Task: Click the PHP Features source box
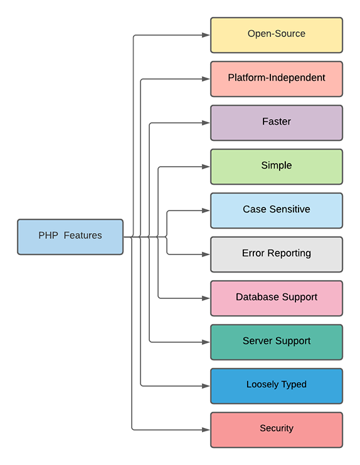click(x=70, y=236)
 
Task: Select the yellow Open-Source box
click(x=277, y=35)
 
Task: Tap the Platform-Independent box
click(x=277, y=79)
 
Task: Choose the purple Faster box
click(x=277, y=123)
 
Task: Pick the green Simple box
click(x=277, y=167)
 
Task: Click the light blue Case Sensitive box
click(x=277, y=211)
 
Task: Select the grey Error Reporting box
click(x=277, y=254)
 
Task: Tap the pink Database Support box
click(x=277, y=298)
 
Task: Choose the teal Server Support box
click(x=277, y=342)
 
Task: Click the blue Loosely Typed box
click(x=277, y=386)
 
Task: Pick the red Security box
click(x=277, y=430)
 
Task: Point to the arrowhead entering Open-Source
click(x=206, y=35)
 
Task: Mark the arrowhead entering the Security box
click(x=206, y=430)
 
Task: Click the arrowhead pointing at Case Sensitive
click(x=206, y=211)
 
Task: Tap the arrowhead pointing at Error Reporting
click(x=206, y=254)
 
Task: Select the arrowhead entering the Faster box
click(x=206, y=123)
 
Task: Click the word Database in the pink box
click(x=257, y=297)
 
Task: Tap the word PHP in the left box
click(x=48, y=236)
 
